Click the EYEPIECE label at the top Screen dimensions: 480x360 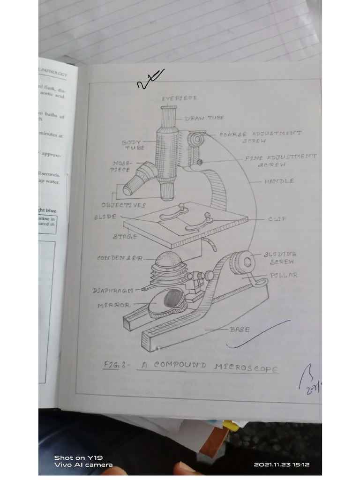point(180,98)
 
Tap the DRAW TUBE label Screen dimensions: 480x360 point(204,118)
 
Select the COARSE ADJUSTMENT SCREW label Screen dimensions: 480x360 point(260,137)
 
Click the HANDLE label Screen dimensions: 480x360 point(279,181)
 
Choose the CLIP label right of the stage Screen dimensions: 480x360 point(277,219)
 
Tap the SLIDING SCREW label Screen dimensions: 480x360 point(280,258)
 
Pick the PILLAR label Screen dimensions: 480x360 point(284,275)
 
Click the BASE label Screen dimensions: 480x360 point(240,330)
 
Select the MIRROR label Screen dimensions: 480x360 point(114,305)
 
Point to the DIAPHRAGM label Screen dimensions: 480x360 point(113,291)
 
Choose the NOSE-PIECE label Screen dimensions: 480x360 point(121,167)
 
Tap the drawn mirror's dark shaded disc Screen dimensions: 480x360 point(173,299)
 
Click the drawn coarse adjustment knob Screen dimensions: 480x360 point(198,139)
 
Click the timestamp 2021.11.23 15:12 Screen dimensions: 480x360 point(281,465)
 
